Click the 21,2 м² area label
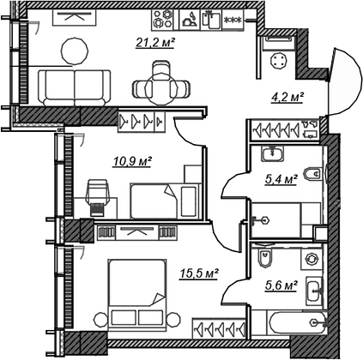(155, 44)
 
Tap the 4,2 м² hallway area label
(287, 98)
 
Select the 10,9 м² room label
(132, 162)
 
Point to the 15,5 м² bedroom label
(199, 274)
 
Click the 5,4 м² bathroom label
(281, 180)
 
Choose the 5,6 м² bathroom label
(281, 285)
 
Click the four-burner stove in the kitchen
(162, 20)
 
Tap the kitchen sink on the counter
(212, 20)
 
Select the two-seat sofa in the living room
(75, 88)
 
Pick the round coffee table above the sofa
(75, 51)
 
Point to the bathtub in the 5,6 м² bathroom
(297, 323)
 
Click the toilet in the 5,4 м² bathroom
(312, 173)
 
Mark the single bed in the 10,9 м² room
(164, 201)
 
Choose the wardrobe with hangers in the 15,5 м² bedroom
(219, 328)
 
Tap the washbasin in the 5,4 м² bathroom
(272, 153)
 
